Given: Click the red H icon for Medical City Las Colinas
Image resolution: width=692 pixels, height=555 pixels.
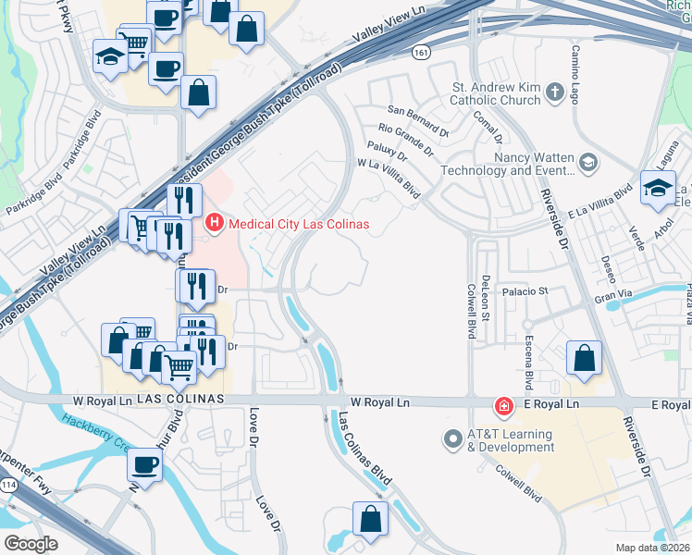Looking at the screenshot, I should coord(215,224).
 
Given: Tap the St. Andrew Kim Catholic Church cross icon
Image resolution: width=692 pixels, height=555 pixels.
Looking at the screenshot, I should coord(554,91).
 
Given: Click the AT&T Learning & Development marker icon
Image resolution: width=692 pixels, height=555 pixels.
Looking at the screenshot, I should coord(453,439).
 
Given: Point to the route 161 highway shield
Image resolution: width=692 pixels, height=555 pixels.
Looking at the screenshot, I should coord(422,54).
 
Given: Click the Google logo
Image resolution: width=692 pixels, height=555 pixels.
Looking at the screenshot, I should coord(31,543).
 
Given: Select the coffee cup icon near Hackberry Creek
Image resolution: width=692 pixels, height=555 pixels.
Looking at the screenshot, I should coord(143,464).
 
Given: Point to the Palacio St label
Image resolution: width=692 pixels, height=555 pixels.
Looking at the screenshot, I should coord(525,290).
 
